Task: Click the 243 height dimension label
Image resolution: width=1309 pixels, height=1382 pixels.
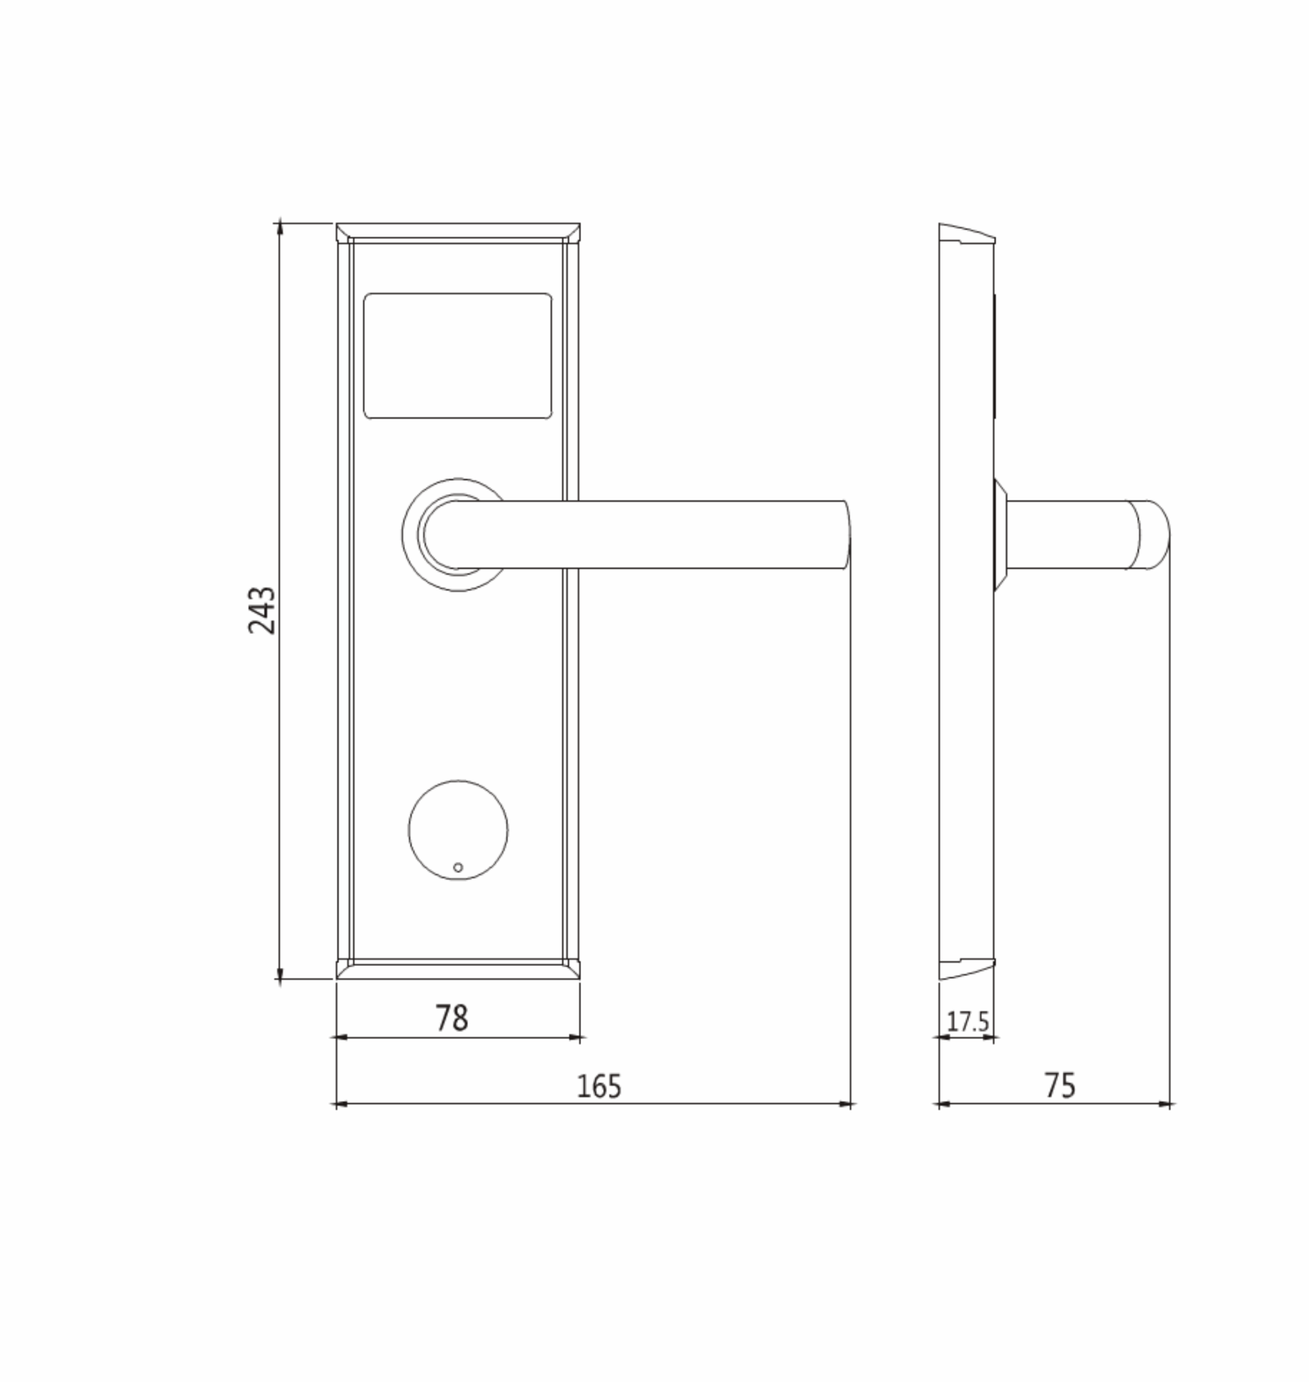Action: (262, 609)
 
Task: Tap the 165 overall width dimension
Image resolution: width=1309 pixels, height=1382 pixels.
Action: (599, 1086)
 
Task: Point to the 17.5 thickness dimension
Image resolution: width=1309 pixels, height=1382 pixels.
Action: (967, 1022)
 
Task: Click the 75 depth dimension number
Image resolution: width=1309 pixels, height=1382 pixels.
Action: (1059, 1086)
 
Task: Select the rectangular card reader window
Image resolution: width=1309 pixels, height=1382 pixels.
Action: (458, 356)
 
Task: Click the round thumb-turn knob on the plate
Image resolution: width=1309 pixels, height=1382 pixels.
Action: (458, 830)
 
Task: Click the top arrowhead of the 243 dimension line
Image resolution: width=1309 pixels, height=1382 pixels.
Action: (280, 227)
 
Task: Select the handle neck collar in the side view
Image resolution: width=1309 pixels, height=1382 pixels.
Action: (1000, 534)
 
